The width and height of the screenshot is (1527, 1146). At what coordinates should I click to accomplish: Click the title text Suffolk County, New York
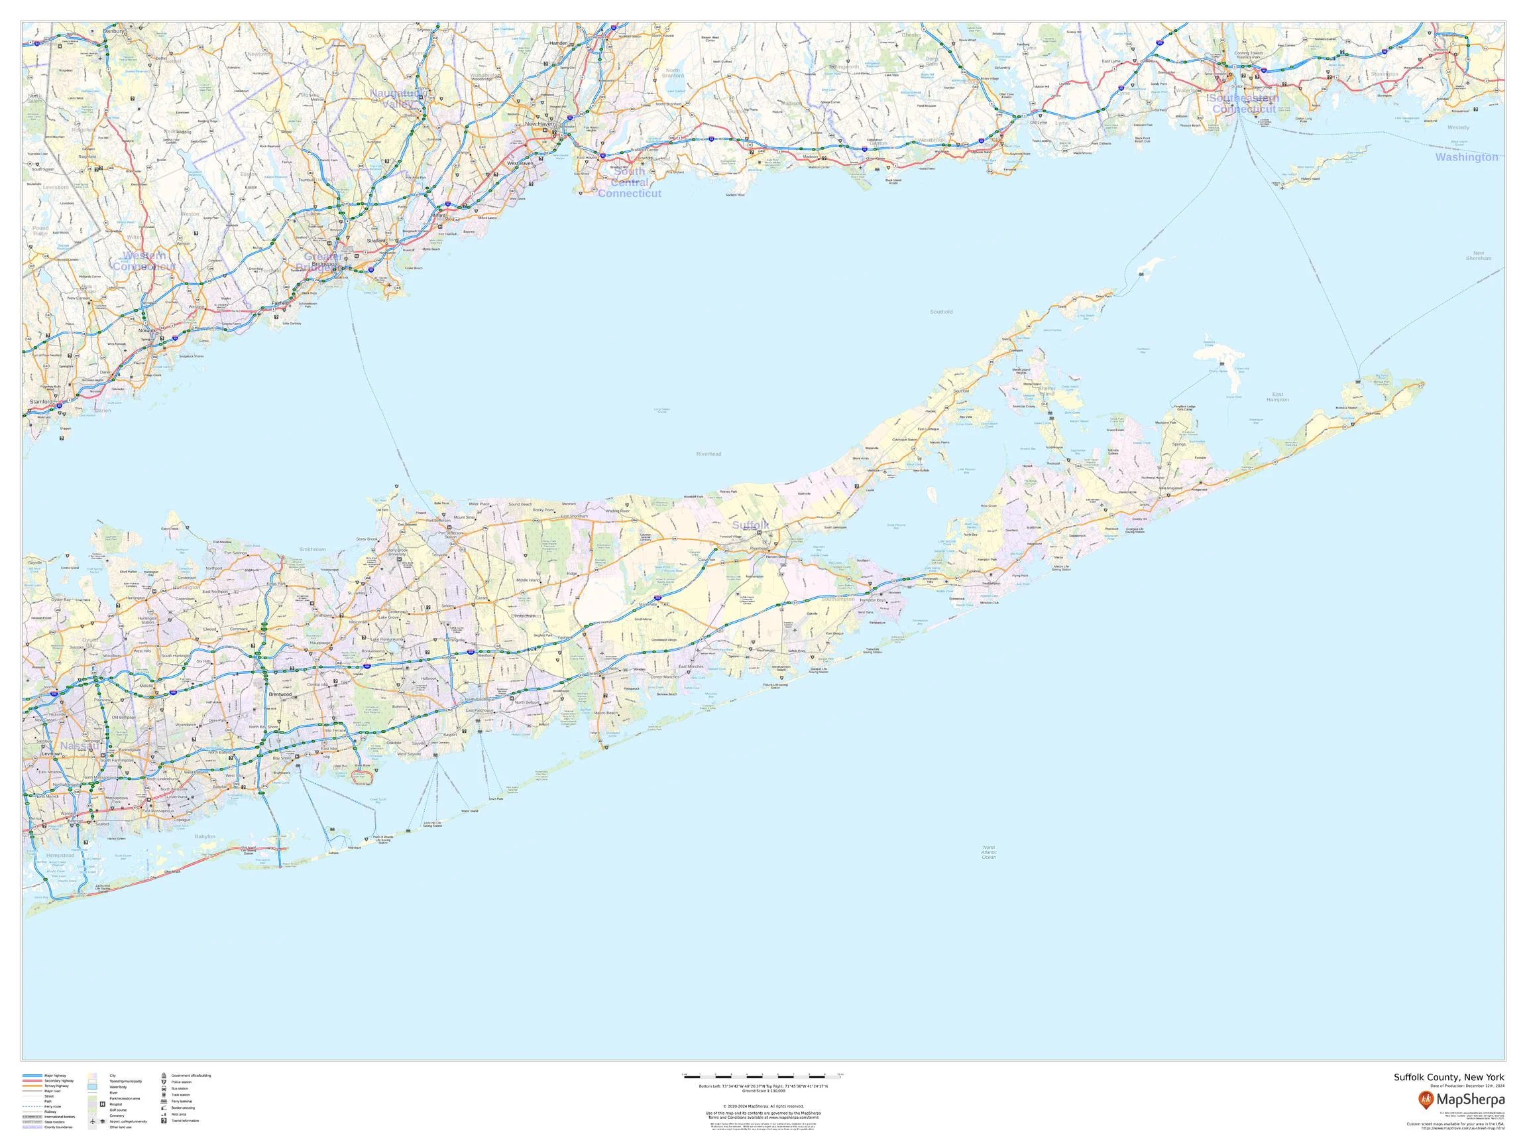1448,1078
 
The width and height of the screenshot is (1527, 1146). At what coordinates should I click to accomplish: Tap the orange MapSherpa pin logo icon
1425,1098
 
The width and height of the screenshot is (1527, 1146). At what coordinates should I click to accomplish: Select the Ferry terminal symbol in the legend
164,1101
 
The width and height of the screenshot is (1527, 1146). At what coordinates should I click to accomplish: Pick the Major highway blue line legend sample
32,1076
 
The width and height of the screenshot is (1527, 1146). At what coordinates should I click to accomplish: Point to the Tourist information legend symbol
164,1120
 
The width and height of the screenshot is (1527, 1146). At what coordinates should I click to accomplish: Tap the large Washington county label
1466,157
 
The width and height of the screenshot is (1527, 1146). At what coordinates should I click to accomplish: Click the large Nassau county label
80,746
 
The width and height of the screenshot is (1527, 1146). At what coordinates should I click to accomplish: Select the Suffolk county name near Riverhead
750,526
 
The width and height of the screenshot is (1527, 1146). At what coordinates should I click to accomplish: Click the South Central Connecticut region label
629,182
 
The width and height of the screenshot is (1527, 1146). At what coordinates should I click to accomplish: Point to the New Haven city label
540,124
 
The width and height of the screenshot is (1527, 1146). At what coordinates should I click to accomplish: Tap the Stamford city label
40,401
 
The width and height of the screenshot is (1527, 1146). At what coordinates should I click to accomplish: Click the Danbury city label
114,31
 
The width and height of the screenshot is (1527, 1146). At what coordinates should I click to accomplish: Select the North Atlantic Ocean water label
989,852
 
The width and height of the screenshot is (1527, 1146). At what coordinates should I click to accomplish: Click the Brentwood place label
280,694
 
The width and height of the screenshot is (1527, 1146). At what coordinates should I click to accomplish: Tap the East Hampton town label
1278,397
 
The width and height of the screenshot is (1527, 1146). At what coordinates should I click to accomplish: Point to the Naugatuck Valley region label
398,98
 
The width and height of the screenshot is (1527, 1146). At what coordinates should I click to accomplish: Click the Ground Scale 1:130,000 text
763,1091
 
